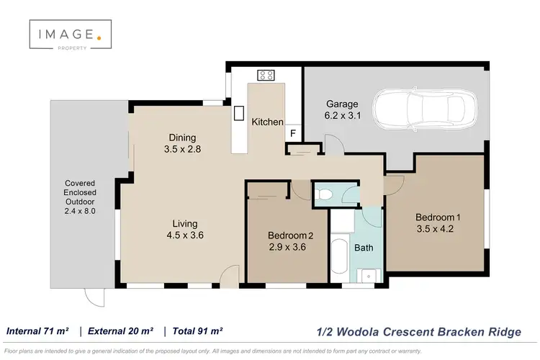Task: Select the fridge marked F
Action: tap(293, 133)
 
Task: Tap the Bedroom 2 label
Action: tap(290, 235)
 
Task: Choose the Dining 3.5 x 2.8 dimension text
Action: tap(181, 150)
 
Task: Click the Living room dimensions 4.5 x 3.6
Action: tap(180, 235)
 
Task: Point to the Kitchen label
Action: tap(266, 122)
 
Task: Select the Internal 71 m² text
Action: tap(37, 331)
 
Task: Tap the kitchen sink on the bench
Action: tap(238, 113)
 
